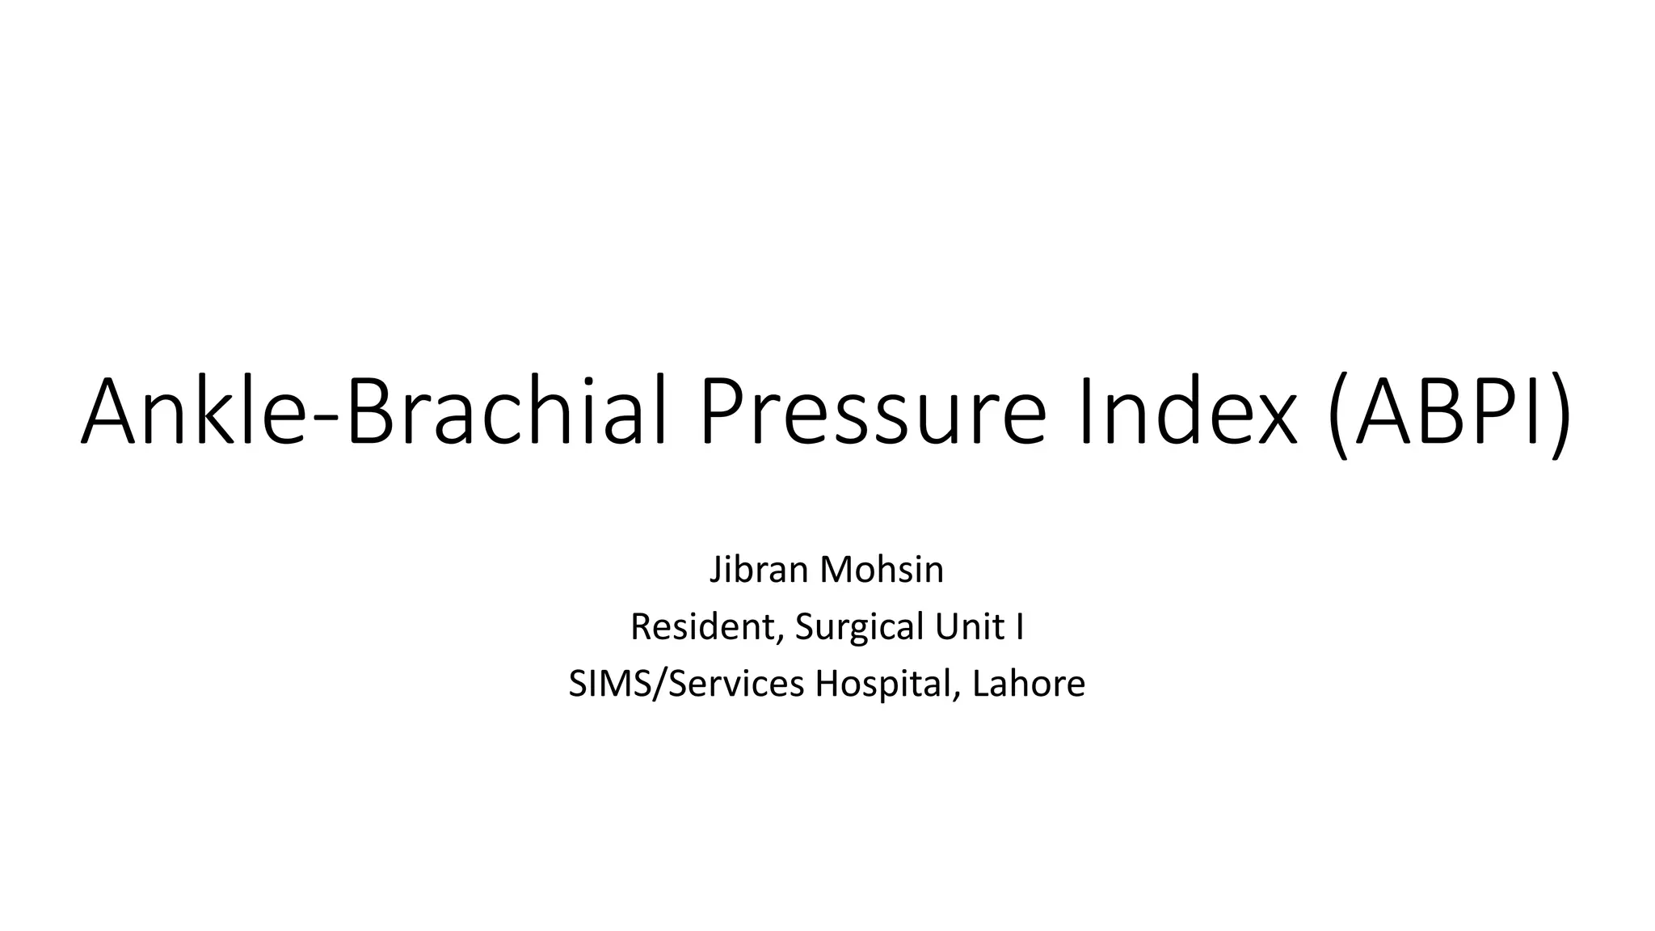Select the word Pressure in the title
[x=873, y=412]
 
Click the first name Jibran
[x=759, y=570]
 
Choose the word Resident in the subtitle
[x=700, y=626]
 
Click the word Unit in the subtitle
[x=967, y=626]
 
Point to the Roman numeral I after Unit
[x=1020, y=626]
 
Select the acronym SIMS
[x=603, y=684]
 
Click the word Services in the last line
[x=736, y=684]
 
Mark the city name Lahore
[x=1029, y=684]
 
